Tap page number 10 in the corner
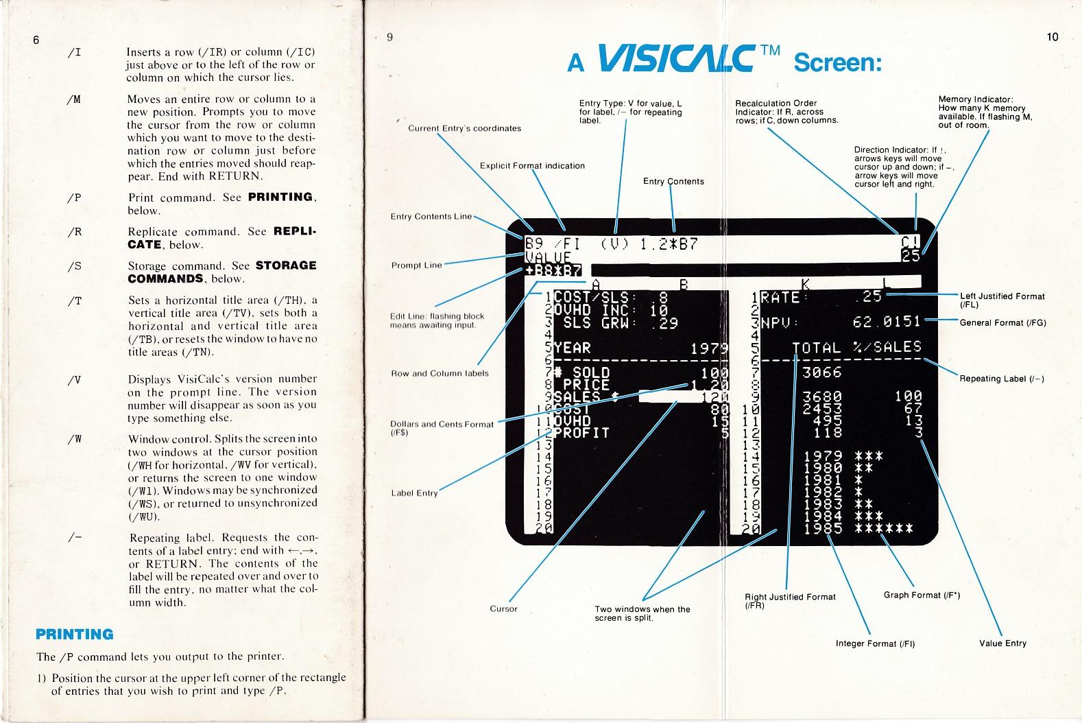pyautogui.click(x=1053, y=37)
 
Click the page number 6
pyautogui.click(x=36, y=39)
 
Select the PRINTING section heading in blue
pyautogui.click(x=74, y=634)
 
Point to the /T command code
pyautogui.click(x=75, y=301)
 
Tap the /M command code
pyautogui.click(x=75, y=99)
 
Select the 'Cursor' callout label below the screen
pyautogui.click(x=503, y=609)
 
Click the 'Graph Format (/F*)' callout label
pyautogui.click(x=922, y=595)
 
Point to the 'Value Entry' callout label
pyautogui.click(x=1002, y=643)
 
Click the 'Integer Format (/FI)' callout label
pyautogui.click(x=875, y=643)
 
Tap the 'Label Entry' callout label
pyautogui.click(x=414, y=493)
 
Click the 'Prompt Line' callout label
pyautogui.click(x=416, y=265)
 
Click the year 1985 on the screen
pyautogui.click(x=823, y=528)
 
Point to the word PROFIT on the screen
pyautogui.click(x=581, y=433)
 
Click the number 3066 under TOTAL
pyautogui.click(x=821, y=372)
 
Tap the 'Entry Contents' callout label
pyautogui.click(x=673, y=181)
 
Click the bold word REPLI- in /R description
pyautogui.click(x=295, y=232)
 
